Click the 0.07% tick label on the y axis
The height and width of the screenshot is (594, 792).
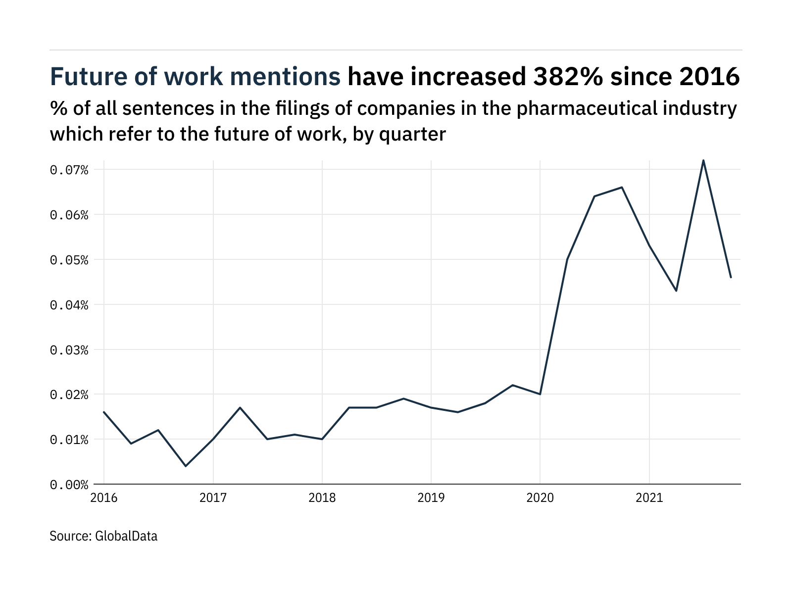pos(69,170)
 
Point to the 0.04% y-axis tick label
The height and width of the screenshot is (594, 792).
pos(69,305)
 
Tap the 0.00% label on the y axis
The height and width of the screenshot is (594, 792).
pos(69,485)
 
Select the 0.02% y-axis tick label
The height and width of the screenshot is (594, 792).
pos(69,395)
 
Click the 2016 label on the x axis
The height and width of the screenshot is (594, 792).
pos(104,497)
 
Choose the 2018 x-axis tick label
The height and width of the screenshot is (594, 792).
pos(322,497)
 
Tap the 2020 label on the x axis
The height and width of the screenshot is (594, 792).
pos(540,497)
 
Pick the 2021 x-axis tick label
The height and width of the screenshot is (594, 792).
pos(649,497)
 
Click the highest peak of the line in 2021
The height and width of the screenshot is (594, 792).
pos(703,160)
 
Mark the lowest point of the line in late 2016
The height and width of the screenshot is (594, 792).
pos(186,466)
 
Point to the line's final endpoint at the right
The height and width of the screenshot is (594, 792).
pos(731,277)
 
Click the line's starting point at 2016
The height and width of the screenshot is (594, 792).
pos(104,412)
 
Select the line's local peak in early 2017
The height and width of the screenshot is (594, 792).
pos(240,407)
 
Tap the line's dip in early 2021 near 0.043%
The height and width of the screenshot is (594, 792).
pos(676,291)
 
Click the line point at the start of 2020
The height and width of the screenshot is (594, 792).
pos(540,394)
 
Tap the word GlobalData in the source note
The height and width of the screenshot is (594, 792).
pos(126,536)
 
